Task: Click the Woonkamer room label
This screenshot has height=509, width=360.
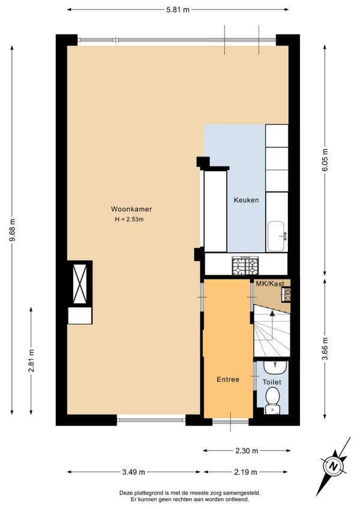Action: pos(131,209)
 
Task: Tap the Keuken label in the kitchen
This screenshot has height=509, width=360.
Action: pos(247,200)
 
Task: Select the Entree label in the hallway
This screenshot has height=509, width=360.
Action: pos(228,379)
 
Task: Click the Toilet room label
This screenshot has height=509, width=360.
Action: pos(272,382)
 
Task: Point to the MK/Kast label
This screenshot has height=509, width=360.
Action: pos(270,283)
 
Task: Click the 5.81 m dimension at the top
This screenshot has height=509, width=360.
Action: pos(178,10)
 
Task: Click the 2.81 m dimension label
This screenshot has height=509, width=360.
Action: pos(31,361)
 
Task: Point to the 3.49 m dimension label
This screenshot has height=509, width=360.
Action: pos(134,472)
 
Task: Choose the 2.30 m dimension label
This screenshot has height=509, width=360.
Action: pos(247,451)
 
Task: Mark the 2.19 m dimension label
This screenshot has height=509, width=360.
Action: pos(246,472)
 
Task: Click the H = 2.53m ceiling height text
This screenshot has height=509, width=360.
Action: pos(129,220)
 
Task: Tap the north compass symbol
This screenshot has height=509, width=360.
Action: pos(333,466)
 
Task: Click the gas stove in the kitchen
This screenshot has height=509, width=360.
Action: pos(245,265)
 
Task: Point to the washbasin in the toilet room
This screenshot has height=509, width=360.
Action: pos(275,368)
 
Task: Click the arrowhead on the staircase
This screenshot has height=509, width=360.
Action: pos(272,313)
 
